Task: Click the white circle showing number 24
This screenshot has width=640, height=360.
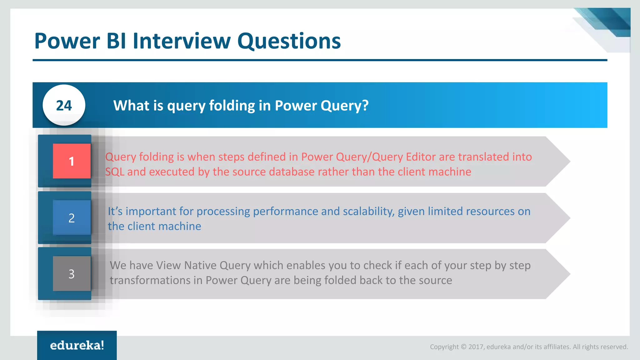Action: (64, 105)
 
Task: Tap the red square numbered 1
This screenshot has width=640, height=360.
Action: (72, 161)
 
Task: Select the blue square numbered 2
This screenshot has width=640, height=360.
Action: (72, 217)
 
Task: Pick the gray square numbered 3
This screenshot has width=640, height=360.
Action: (72, 274)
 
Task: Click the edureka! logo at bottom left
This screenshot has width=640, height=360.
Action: (77, 345)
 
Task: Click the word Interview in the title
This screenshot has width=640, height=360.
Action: (182, 41)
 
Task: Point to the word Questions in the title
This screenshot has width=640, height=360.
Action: (289, 41)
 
